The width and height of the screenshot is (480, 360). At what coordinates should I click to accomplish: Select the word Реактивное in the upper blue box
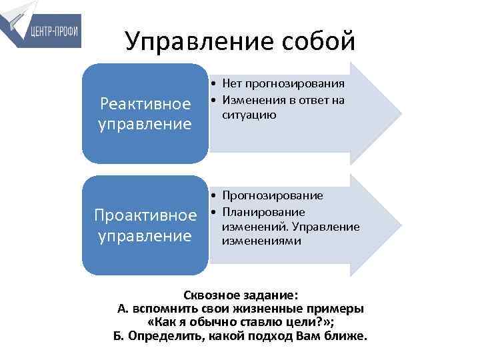tap(145, 104)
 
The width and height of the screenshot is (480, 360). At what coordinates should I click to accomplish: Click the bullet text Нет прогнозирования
tap(283, 84)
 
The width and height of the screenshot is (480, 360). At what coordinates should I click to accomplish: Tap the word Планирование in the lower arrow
tap(264, 212)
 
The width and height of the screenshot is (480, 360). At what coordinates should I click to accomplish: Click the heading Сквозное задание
tap(240, 294)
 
